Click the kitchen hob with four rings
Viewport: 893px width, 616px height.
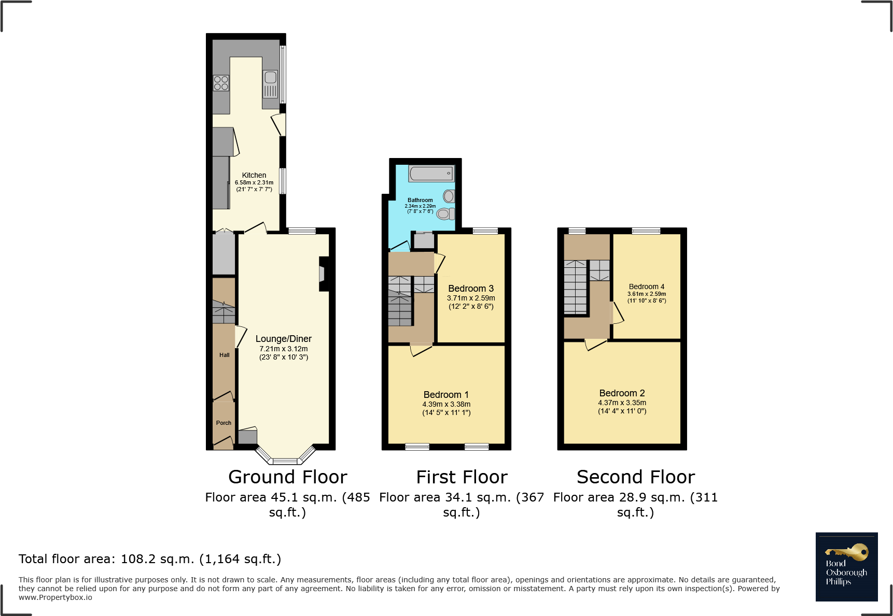221,83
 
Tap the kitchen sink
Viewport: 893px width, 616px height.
270,78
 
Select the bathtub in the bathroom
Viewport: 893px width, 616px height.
431,174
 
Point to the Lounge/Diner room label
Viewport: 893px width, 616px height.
283,339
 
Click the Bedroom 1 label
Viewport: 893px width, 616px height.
446,395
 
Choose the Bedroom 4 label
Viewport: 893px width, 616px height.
646,286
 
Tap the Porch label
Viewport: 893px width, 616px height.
224,423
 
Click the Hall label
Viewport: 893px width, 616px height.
224,355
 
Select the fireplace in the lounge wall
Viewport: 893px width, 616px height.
323,274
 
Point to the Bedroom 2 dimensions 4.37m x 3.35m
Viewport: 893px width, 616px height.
622,403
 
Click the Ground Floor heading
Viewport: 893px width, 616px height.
287,477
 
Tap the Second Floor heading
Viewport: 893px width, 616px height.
635,477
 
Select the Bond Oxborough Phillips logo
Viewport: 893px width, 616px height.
846,567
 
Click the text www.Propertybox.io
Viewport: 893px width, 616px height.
55,597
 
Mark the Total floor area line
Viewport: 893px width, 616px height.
150,559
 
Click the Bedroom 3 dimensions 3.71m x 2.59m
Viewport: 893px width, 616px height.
471,298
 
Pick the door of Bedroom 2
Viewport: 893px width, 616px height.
596,345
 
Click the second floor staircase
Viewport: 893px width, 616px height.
575,288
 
